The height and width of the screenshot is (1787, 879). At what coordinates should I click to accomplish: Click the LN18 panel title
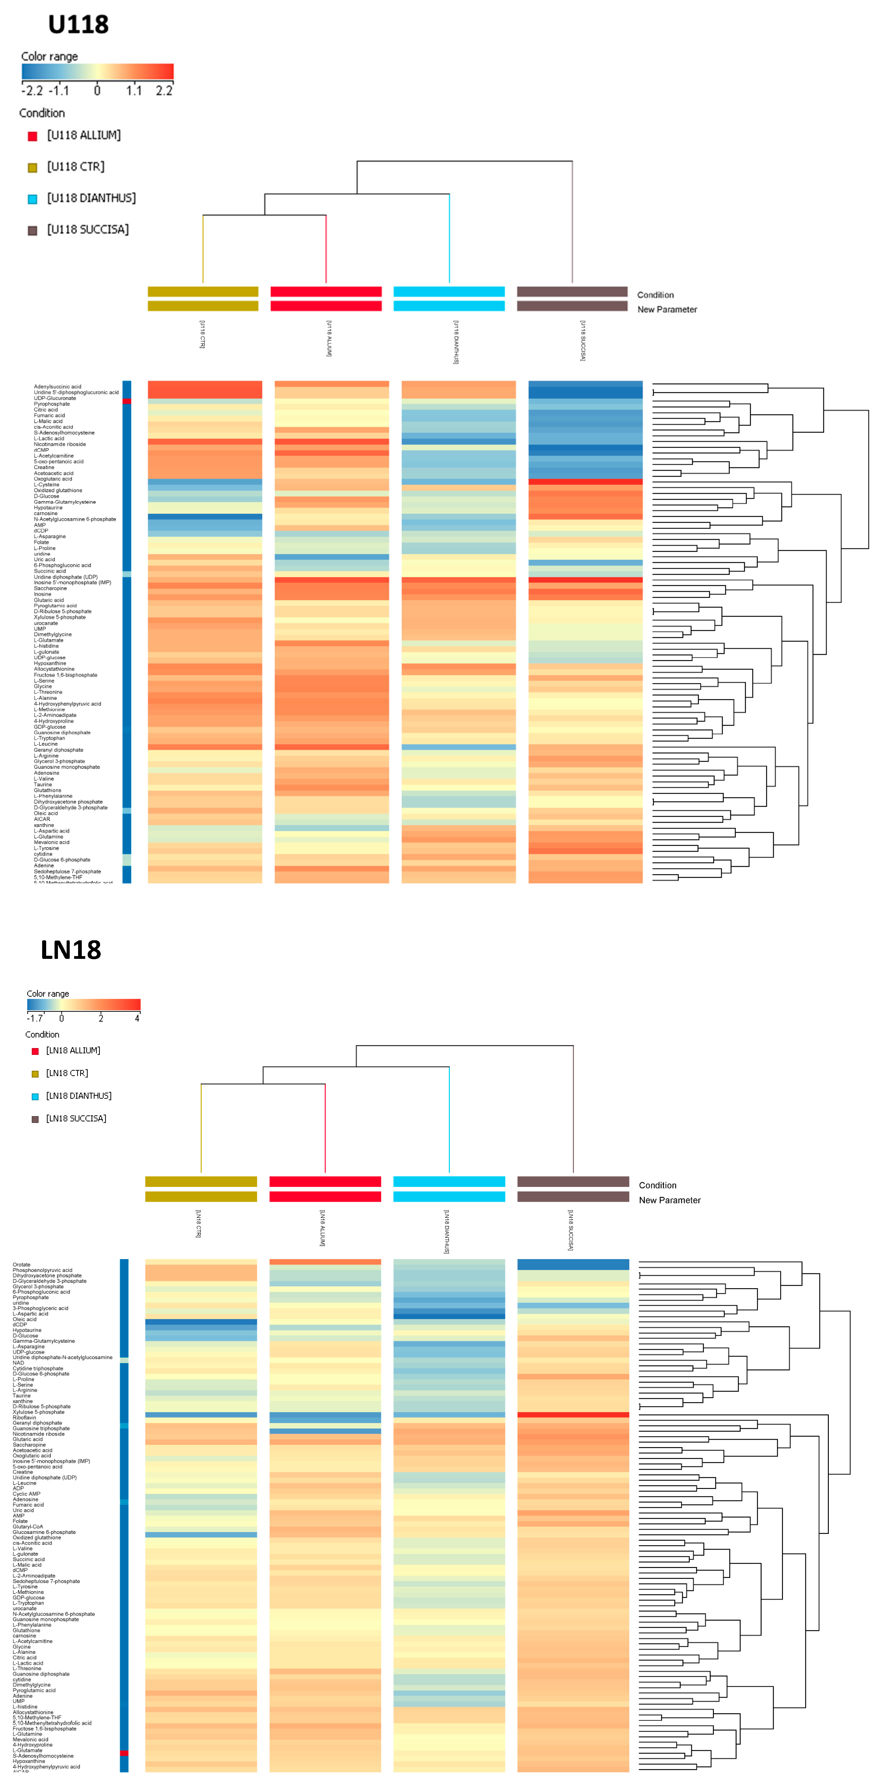pos(71,950)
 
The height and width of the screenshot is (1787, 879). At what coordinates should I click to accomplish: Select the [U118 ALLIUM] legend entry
pos(83,135)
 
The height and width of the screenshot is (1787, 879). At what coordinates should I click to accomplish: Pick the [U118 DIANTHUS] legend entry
pos(91,198)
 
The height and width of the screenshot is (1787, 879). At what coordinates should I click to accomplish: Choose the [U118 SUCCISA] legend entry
pos(87,230)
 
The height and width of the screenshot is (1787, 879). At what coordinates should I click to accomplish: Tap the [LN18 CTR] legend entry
pos(67,1073)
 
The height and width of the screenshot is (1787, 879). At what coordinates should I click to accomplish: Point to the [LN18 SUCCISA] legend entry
pos(76,1118)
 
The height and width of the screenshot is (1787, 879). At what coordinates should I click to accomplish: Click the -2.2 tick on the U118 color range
pos(32,91)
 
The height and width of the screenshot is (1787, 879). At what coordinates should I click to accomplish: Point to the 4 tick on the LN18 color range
pos(137,1018)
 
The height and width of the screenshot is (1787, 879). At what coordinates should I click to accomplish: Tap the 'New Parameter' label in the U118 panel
pos(667,310)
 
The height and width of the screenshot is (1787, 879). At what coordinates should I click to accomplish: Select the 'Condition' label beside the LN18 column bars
pos(657,1186)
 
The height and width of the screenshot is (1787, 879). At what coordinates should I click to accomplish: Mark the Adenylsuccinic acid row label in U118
pos(58,386)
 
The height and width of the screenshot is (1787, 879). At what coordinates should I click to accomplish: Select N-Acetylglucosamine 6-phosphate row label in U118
pos(75,519)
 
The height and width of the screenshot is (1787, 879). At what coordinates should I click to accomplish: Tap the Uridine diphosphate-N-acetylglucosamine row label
pos(63,1357)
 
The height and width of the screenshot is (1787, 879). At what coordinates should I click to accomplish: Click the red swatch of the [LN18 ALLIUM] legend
pos(35,1051)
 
